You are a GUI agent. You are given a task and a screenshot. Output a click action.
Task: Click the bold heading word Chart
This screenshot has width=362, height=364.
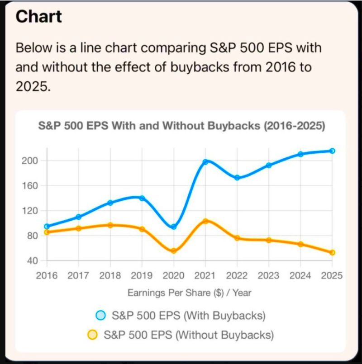[x=38, y=17]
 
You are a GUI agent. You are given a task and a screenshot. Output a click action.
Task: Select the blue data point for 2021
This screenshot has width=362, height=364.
[x=205, y=161]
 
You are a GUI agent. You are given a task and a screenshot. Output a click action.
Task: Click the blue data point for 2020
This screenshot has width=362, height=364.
[x=173, y=227]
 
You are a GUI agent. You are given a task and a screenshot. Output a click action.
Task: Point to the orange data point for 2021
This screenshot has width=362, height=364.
[x=205, y=221]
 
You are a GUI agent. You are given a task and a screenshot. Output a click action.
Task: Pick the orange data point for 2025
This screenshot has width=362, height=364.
[x=332, y=252]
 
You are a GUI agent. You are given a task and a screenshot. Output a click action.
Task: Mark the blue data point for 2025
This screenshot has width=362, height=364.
[x=332, y=151]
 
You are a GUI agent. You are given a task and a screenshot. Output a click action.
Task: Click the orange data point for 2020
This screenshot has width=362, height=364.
[x=173, y=251]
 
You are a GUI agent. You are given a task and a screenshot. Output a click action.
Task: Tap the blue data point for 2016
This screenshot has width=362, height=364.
[x=47, y=226]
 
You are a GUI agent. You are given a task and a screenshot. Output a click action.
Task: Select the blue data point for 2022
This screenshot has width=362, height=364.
[x=237, y=178]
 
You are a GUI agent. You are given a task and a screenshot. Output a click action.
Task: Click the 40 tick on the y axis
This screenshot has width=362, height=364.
[x=31, y=261]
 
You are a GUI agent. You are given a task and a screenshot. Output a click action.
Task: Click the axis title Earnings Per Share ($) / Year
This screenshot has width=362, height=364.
[x=189, y=293]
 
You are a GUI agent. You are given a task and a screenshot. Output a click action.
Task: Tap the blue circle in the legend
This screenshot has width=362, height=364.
[x=101, y=315]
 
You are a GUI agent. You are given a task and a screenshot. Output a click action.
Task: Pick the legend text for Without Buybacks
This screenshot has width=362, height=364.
[x=189, y=335]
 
